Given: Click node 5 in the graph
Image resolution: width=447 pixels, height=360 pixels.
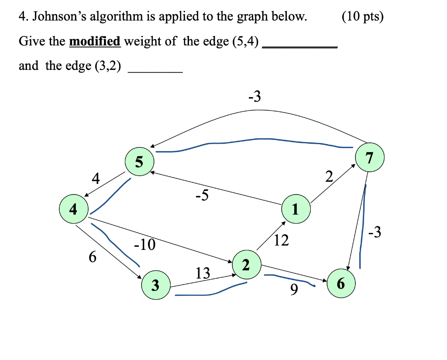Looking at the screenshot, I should pos(139,162).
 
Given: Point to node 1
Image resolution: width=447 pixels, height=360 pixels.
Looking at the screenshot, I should pos(296,210).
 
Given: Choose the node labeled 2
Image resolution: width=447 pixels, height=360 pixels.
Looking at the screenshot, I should pos(246,264).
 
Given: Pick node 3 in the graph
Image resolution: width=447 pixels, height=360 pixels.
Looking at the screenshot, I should pos(155,286).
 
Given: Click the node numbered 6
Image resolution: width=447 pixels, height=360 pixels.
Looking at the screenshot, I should pos(341,284).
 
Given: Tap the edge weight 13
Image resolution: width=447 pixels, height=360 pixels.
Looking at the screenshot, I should pos(203,273).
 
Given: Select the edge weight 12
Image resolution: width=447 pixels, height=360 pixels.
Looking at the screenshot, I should pos(282,240).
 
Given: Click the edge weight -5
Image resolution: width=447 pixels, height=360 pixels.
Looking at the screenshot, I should pos(202,196).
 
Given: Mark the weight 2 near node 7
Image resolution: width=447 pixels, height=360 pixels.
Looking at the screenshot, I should pos(329,177).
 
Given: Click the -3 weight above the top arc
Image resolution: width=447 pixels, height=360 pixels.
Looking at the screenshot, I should pos(254,97).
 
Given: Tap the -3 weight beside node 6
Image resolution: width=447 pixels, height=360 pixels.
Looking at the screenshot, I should pos(375,233).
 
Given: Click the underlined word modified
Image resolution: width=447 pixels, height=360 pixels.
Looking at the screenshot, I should pos(95,42).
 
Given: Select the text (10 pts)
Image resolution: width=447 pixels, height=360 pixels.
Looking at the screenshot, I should pos(363,17).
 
